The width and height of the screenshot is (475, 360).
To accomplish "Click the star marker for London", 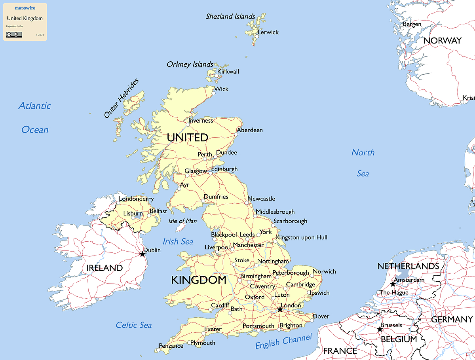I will point(280,309).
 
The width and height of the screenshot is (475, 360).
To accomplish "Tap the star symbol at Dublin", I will point(142,254).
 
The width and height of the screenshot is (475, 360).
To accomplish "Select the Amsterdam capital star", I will point(393,284).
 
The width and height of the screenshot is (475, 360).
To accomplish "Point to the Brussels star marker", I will point(380,329).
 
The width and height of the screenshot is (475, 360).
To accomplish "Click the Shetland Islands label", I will point(230,17).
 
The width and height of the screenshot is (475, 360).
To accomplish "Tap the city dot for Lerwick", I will point(257,36).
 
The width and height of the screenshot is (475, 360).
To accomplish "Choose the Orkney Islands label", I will point(190,64).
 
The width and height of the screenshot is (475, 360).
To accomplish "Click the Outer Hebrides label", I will point(122,99).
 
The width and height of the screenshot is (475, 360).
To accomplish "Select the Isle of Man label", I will point(182,221).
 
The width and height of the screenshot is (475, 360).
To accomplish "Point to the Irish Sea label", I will point(178,241).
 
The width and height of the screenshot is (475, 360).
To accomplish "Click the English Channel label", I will point(283,341).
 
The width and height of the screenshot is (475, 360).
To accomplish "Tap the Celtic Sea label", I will point(134,325).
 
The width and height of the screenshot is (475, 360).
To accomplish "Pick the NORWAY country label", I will point(443,41).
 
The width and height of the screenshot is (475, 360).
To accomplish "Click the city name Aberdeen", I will point(250,130).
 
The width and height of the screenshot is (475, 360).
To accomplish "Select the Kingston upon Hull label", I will point(302,237).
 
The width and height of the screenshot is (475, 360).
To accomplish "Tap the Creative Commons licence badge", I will point(14,35).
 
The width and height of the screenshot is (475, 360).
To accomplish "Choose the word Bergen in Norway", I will point(412,25).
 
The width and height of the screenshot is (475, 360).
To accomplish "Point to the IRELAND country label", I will point(104,268).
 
